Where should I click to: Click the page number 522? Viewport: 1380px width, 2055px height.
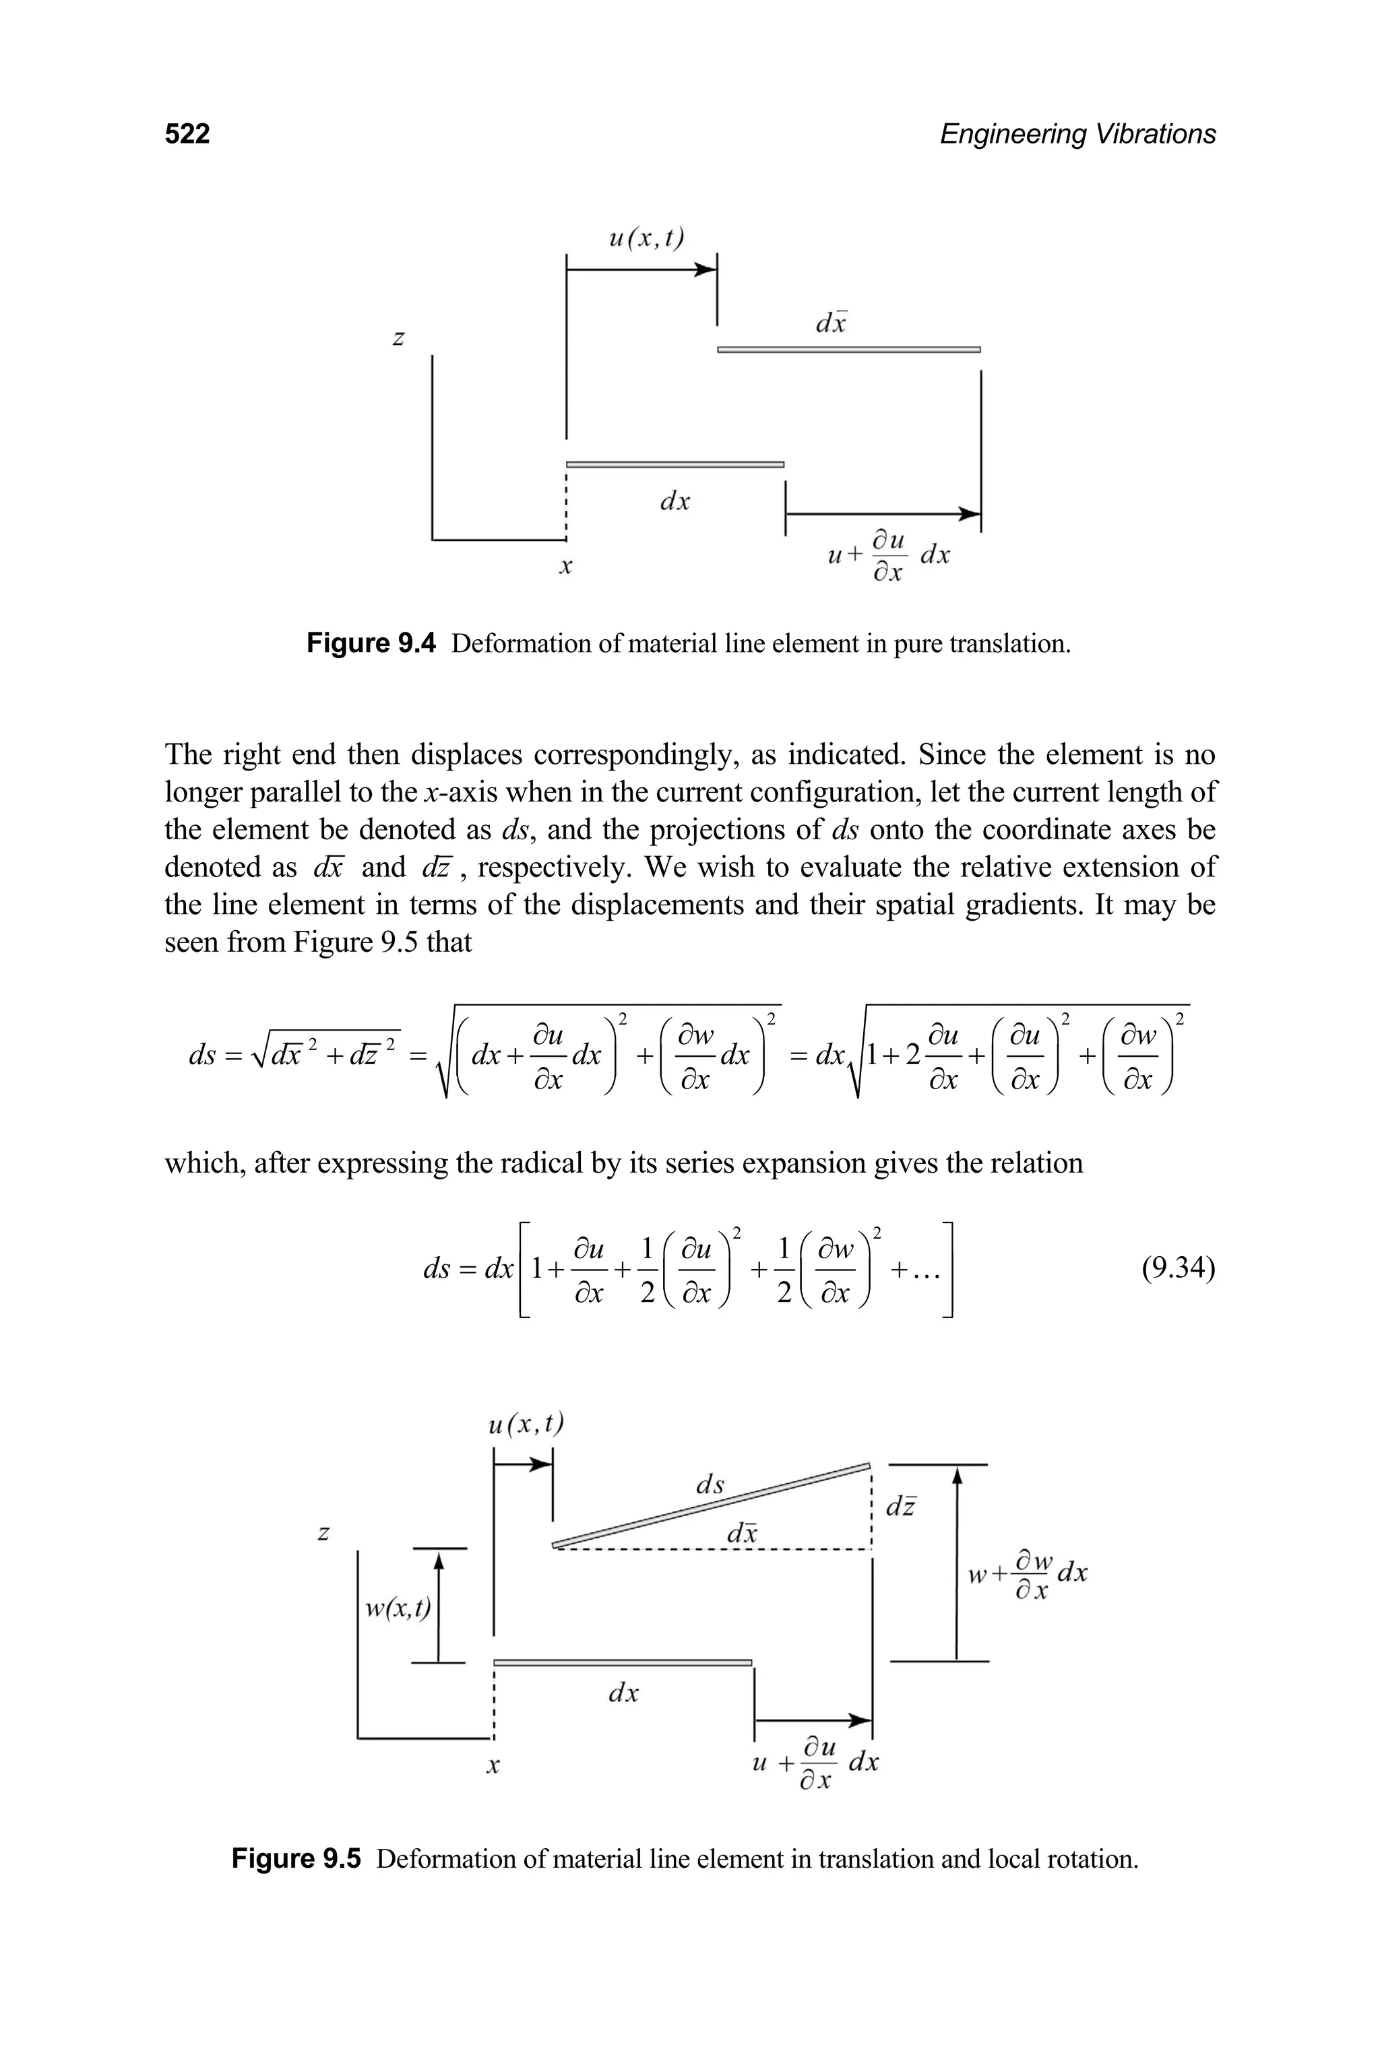tap(187, 134)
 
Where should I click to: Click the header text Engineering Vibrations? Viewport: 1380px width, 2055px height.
tap(1077, 134)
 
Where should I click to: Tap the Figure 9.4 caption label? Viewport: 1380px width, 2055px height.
tap(371, 644)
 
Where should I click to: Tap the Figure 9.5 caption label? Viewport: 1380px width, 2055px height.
tap(296, 1859)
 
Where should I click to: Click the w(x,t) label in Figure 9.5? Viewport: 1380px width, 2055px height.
tap(398, 1608)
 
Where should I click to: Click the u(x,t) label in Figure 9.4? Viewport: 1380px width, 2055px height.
tap(647, 238)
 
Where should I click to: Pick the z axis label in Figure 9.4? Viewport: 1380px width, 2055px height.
tap(399, 338)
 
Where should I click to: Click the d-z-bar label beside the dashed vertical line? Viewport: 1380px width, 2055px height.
tap(900, 1506)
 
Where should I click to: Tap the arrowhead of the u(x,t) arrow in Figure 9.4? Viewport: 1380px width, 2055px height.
tap(706, 270)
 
